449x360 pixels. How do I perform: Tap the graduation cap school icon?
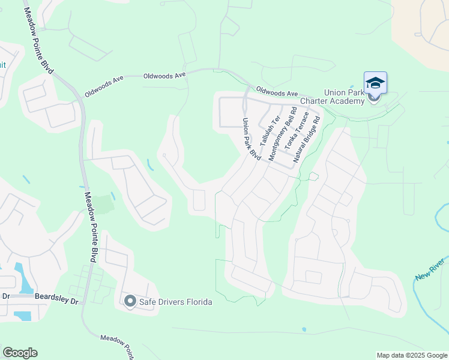pos(375,83)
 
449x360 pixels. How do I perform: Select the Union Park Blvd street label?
pos(251,139)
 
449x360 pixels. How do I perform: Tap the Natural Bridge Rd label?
pos(307,140)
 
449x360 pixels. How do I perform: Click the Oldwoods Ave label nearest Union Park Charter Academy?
pos(277,93)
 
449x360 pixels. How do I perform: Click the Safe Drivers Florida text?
pos(176,302)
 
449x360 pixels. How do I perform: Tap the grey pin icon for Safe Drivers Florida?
pos(130,301)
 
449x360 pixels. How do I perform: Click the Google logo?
pos(20,353)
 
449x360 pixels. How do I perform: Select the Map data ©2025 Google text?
pos(411,355)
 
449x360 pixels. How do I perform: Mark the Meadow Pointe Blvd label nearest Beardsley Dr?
pos(90,227)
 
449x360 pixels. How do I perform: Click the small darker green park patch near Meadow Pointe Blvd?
pos(104,204)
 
